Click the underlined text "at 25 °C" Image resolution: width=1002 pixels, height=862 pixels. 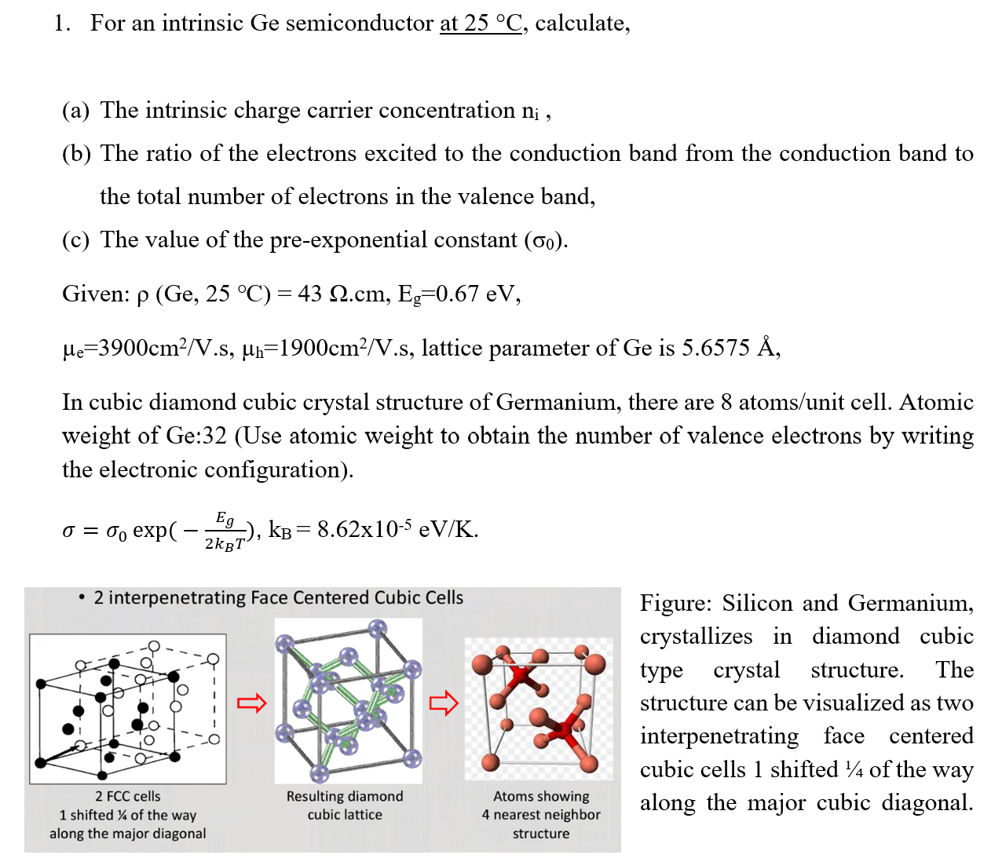pos(481,24)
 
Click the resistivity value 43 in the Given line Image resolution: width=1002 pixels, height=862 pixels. pos(309,294)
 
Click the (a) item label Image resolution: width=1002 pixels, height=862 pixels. pos(76,111)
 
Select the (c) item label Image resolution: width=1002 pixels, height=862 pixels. pos(76,240)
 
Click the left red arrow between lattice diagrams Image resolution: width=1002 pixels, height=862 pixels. pos(251,703)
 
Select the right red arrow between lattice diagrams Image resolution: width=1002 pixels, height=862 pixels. pos(443,703)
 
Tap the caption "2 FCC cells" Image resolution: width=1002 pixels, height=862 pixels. pos(128,797)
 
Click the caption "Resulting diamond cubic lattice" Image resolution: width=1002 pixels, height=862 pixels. pos(345,805)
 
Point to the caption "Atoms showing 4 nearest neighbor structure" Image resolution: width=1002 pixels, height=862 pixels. pos(541,815)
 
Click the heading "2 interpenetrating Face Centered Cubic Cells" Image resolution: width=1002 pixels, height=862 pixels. pos(278,598)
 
